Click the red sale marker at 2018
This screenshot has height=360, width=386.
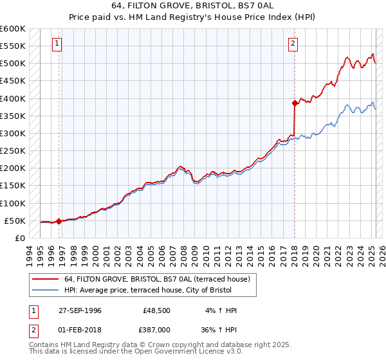295,103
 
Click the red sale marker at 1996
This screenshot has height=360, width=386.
59,221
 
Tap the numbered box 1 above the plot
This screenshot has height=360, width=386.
57,44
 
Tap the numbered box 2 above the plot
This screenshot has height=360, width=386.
293,44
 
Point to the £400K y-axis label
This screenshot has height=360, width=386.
12,98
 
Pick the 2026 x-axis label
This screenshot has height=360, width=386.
381,253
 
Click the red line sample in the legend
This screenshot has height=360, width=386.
46,279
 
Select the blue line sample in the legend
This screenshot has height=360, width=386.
46,290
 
